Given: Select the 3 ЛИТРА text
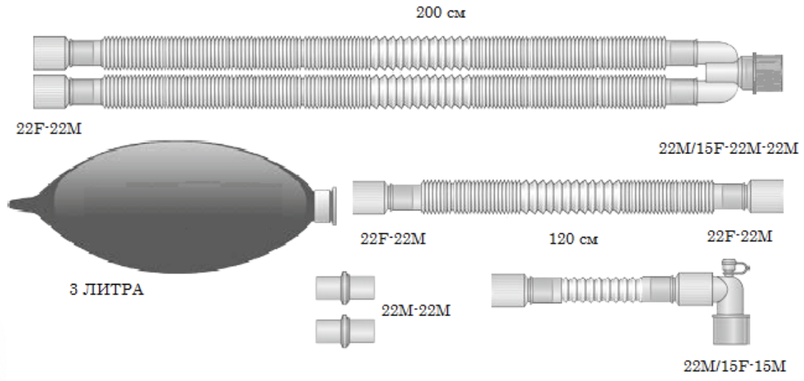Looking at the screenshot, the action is click(104, 291).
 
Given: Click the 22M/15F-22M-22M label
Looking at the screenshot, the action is click(728, 149).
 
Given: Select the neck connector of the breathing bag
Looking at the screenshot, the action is click(326, 207).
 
